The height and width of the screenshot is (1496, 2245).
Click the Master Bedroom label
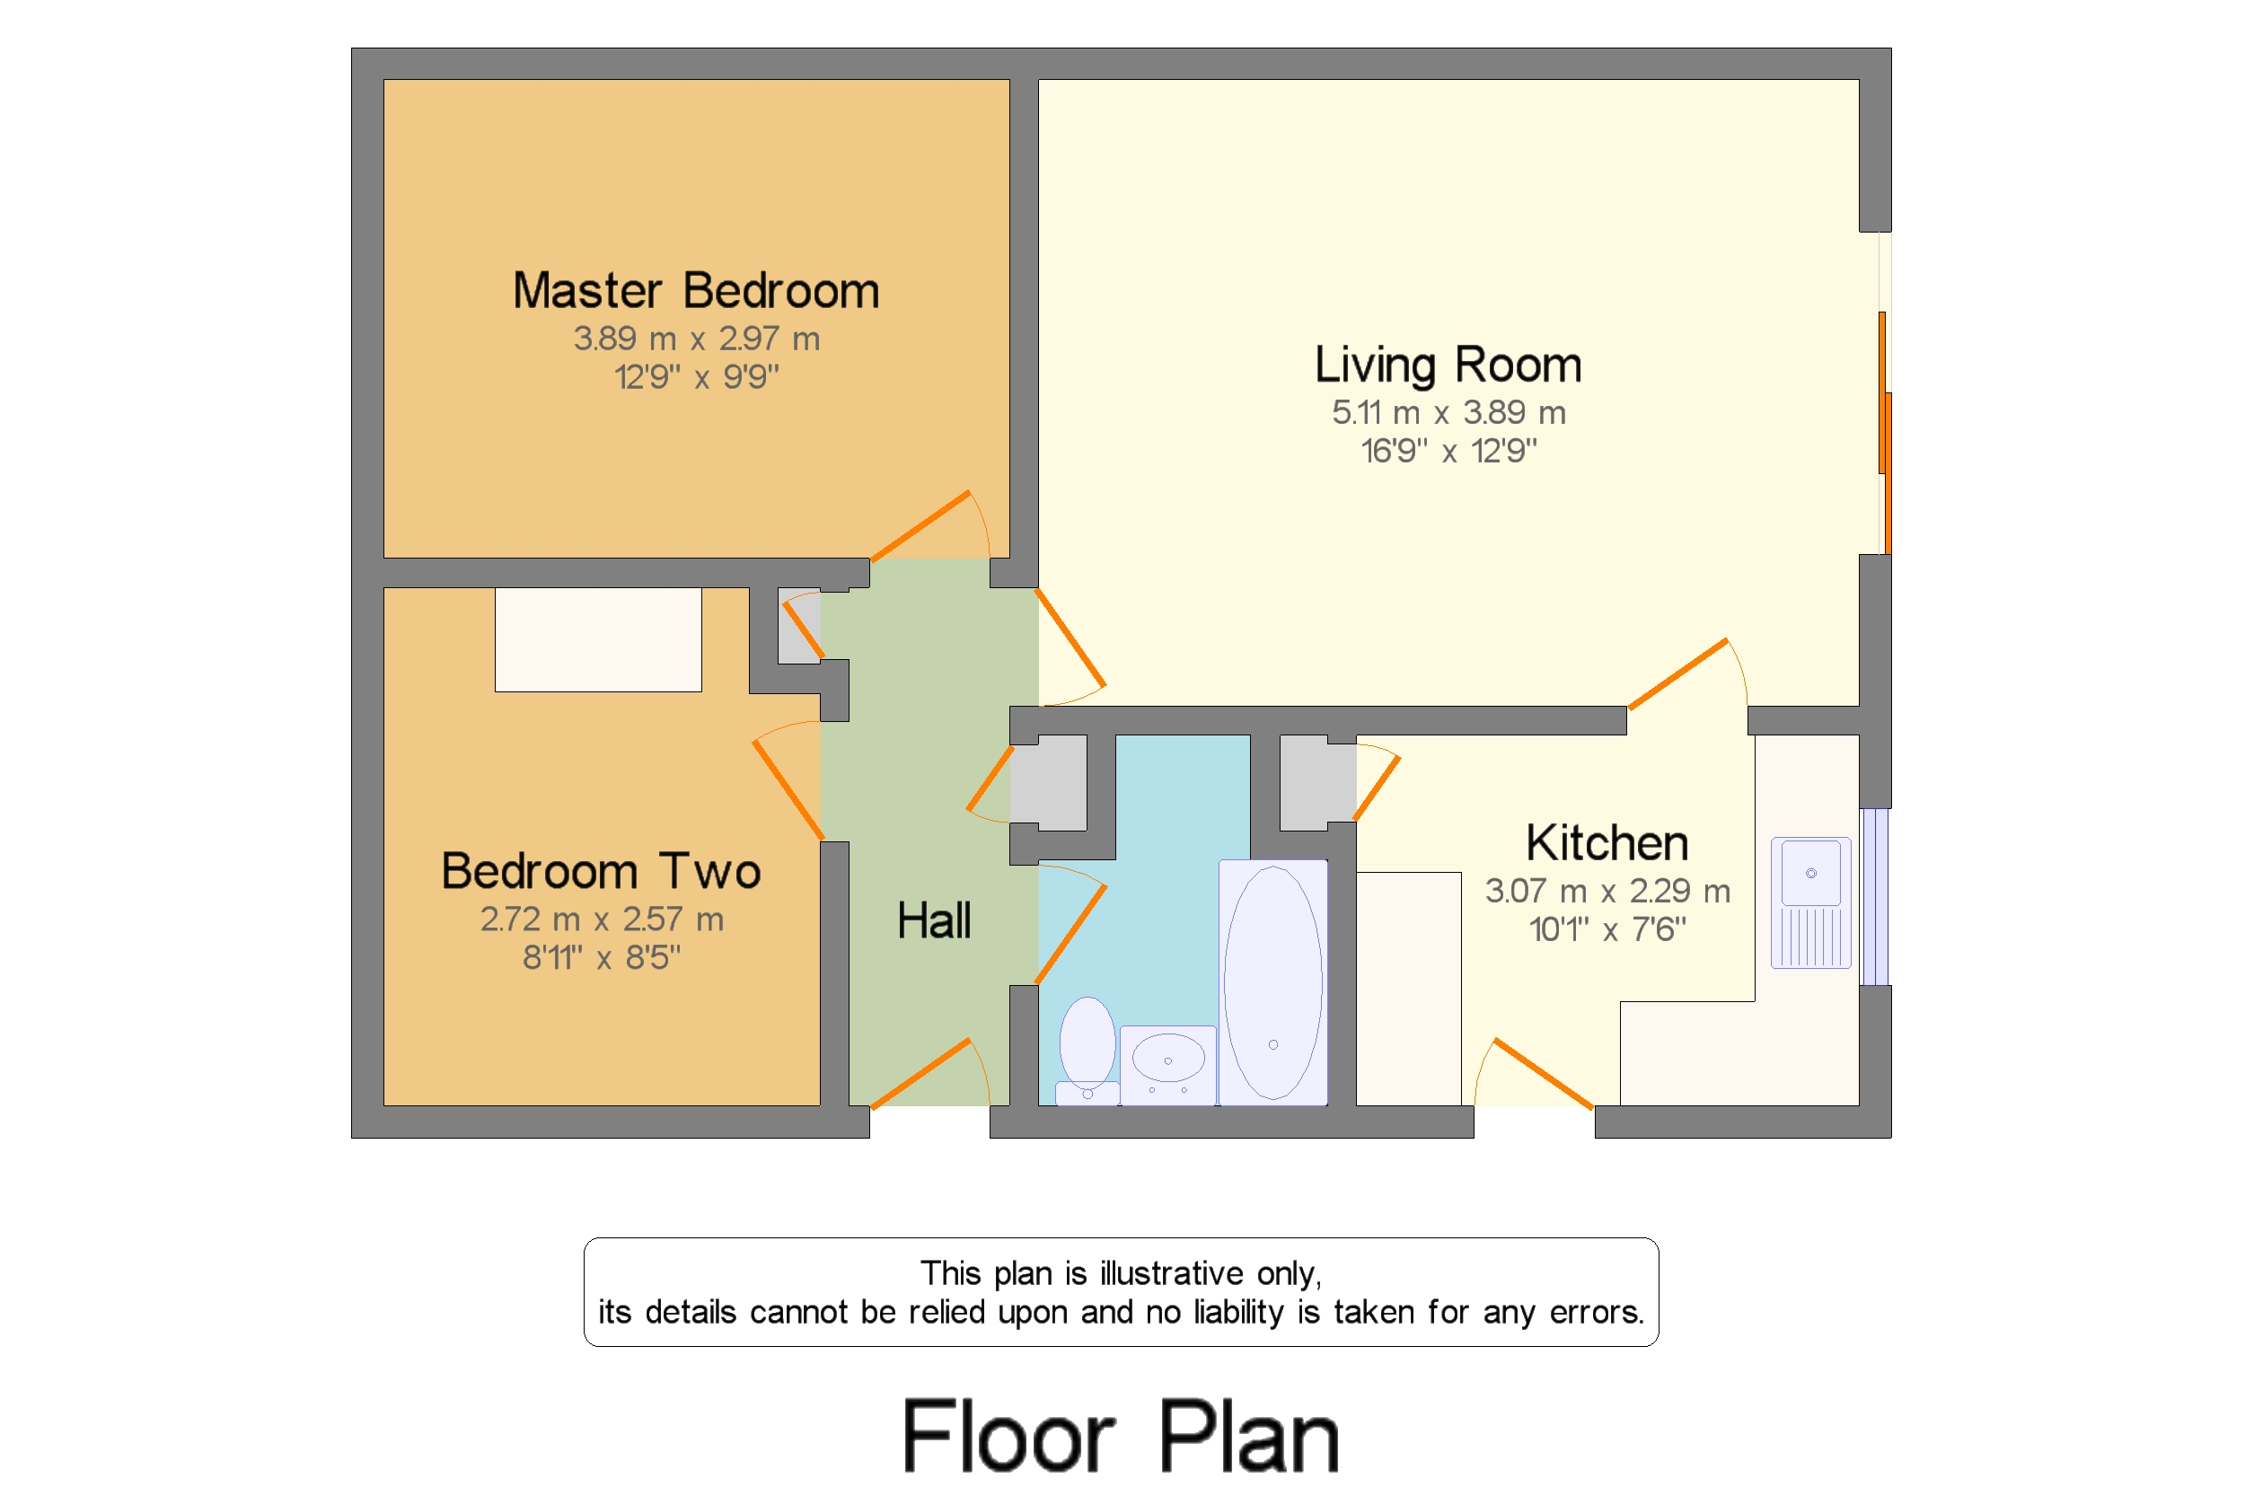pos(696,291)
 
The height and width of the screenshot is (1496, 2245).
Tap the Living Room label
pos(1448,365)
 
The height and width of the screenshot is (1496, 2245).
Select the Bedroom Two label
pos(600,871)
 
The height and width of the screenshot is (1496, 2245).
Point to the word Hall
pos(933,920)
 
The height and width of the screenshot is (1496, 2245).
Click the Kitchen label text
pos(1606,843)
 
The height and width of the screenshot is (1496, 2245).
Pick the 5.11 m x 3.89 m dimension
pos(1448,413)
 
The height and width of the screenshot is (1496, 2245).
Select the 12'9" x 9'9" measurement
pos(696,378)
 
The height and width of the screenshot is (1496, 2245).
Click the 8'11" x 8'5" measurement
pos(600,958)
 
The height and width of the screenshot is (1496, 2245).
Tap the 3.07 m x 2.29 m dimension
pos(1606,891)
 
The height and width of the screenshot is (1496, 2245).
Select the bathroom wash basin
pos(1167,1062)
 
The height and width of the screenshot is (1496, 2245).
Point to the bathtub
pos(1272,982)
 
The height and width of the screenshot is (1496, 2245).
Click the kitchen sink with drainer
pos(1810,902)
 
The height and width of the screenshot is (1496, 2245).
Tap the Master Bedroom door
pos(920,525)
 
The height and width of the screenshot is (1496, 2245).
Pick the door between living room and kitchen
pos(1677,674)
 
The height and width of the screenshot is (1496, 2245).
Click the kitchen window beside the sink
pos(1874,897)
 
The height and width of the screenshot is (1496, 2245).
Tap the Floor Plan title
pos(1120,1436)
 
